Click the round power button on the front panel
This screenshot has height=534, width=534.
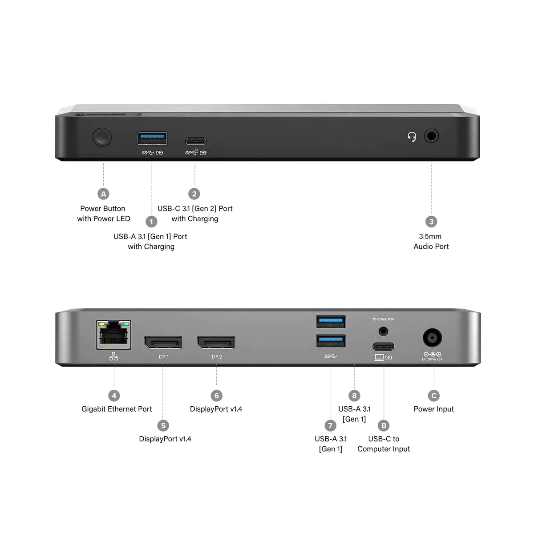click(x=102, y=137)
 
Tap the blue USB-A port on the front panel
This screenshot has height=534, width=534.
click(x=152, y=138)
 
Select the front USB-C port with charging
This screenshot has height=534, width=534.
click(x=196, y=142)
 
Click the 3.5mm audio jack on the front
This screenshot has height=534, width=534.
click(x=431, y=136)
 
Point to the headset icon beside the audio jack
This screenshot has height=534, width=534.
click(x=412, y=137)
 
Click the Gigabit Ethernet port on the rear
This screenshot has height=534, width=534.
click(x=114, y=335)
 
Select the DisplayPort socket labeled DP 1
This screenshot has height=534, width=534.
click(x=163, y=342)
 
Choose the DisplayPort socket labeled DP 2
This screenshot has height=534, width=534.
click(x=216, y=342)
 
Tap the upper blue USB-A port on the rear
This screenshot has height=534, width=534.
click(x=331, y=321)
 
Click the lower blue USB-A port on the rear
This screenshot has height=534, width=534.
click(x=331, y=341)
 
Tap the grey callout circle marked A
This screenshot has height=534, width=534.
click(x=103, y=194)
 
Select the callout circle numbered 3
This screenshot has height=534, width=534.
click(x=431, y=222)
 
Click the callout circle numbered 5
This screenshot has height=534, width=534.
click(x=163, y=426)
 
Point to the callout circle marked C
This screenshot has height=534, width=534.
click(x=434, y=396)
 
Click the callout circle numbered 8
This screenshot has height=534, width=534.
click(x=354, y=396)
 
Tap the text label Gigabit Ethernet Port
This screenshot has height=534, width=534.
click(x=117, y=409)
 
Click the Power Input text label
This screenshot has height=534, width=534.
click(x=434, y=409)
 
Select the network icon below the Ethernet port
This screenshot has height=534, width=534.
click(x=114, y=356)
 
